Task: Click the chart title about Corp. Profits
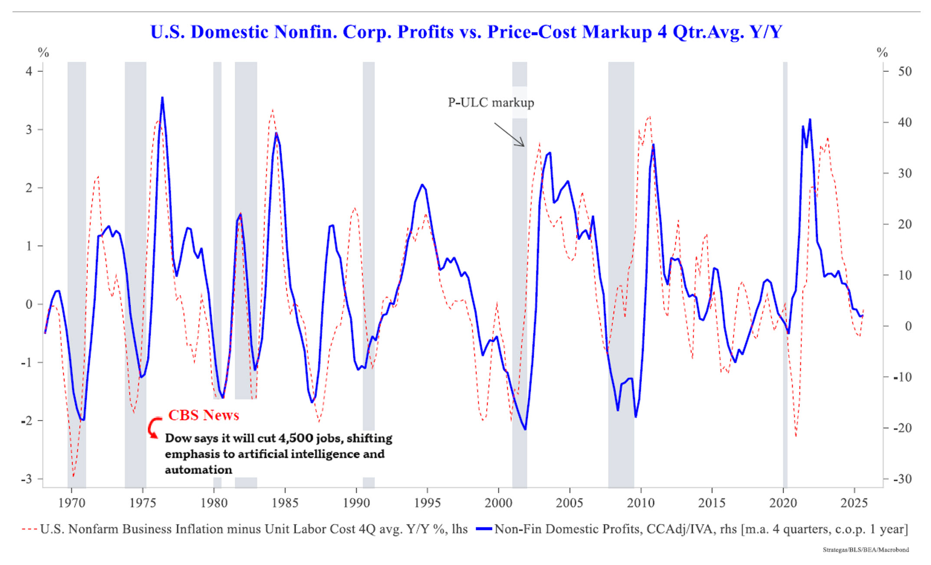click(466, 32)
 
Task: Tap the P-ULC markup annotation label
click(490, 102)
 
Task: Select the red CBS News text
click(204, 415)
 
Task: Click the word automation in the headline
click(198, 470)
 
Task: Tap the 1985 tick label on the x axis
click(285, 503)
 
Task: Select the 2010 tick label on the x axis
click(641, 503)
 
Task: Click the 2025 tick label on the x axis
click(854, 503)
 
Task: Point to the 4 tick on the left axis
click(29, 71)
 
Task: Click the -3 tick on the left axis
click(27, 479)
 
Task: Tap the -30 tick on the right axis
click(903, 479)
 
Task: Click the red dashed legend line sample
click(30, 529)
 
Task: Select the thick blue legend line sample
click(484, 529)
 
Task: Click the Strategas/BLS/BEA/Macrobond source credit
click(865, 550)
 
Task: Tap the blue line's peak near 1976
click(162, 98)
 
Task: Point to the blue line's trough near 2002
click(525, 429)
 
